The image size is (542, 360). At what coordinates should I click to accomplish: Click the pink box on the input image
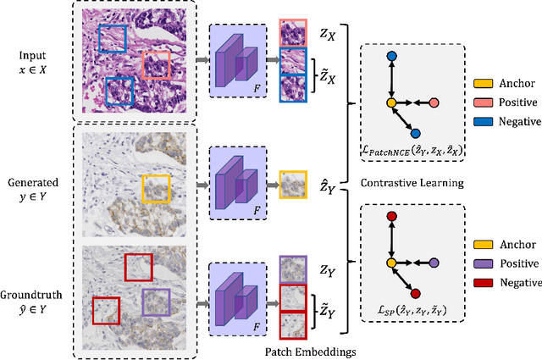tap(156, 64)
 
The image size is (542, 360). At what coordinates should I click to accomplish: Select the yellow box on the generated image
tap(156, 189)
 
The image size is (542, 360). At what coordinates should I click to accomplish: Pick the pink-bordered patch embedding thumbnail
tap(294, 33)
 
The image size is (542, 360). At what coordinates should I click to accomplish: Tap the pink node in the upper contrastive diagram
tap(434, 103)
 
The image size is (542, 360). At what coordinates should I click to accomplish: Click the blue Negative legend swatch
tap(484, 121)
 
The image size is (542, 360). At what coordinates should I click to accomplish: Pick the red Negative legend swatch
tap(484, 281)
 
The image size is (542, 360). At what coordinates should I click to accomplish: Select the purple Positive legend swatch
tap(484, 263)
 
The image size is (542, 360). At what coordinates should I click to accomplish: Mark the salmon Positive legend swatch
tap(484, 102)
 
